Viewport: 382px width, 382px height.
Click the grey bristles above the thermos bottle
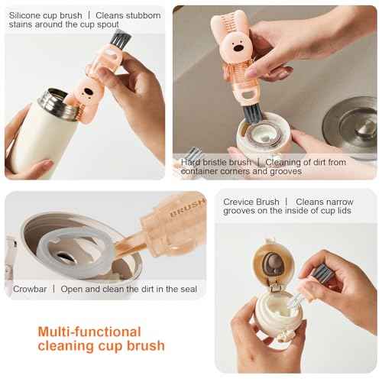(x=121, y=38)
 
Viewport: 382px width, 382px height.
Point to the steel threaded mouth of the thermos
(x=57, y=104)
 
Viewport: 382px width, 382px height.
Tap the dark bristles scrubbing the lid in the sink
(x=253, y=115)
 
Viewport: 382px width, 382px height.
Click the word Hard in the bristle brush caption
(x=190, y=162)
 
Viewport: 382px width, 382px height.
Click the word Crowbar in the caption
(x=30, y=289)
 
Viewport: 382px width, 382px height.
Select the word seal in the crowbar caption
(x=189, y=289)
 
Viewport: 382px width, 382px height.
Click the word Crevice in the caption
(x=238, y=202)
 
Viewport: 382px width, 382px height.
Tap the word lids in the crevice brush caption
(x=343, y=211)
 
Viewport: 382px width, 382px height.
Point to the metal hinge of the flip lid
(x=274, y=287)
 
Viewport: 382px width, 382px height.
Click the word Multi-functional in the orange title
(x=89, y=332)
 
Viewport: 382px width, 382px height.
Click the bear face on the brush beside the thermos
(x=88, y=93)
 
